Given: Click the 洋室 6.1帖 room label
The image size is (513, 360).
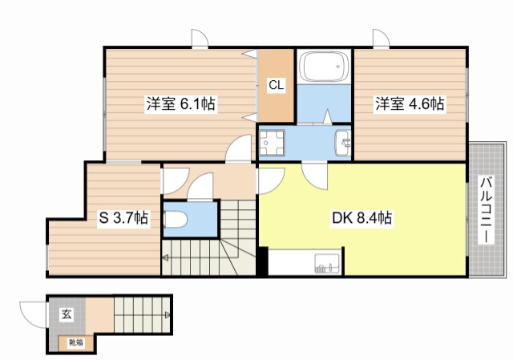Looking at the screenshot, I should [180, 103].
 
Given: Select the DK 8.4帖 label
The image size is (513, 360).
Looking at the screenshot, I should [362, 217].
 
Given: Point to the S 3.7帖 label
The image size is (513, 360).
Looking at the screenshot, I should [123, 217].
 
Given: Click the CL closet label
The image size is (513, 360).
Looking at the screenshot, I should [275, 83].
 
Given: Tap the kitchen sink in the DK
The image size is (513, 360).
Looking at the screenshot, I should [325, 263].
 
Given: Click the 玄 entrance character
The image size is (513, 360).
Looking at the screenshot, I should [65, 313].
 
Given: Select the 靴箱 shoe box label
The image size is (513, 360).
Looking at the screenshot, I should [74, 343].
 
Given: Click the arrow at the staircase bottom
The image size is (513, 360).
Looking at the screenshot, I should [165, 258].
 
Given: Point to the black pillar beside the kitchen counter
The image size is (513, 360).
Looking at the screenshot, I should [262, 261].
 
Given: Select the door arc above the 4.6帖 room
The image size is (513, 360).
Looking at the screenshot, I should [380, 38].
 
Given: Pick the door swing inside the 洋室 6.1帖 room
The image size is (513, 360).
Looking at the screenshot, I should [238, 149].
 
